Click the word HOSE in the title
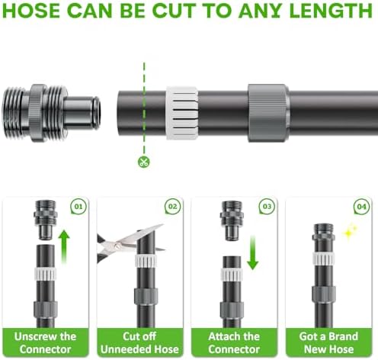pos(31,11)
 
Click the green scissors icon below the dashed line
pos(144,162)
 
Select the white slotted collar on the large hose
pos(182,113)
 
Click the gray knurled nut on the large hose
pos(268,113)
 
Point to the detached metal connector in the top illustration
pos(51,113)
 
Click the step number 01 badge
pos(78,206)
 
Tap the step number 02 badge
pos(173,206)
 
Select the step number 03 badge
pos(267,206)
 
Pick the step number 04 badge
pos(361,206)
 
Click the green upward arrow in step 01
pos(64,246)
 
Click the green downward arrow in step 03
pos(252,252)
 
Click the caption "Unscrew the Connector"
pos(45,342)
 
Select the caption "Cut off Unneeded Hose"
pos(139,342)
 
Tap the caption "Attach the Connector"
pos(234,342)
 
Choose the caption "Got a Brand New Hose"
pos(328,342)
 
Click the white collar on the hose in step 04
pos(323,259)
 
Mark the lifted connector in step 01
pos(46,220)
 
